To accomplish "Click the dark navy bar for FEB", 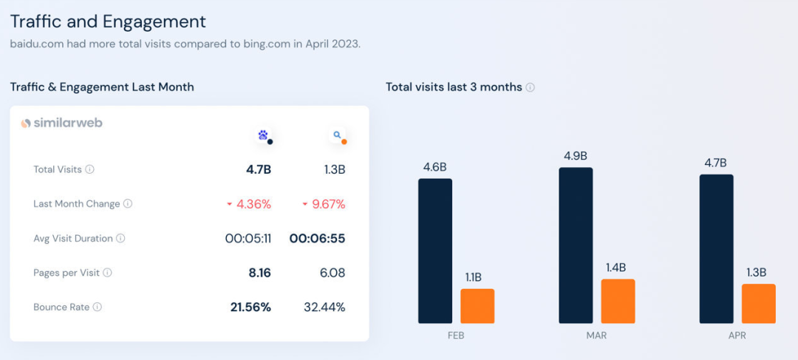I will [435, 251].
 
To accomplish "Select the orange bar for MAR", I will [618, 301].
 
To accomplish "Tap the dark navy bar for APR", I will [716, 248].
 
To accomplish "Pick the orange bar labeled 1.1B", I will [477, 305].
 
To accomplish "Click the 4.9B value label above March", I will [575, 156].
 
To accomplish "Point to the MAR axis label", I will [596, 336].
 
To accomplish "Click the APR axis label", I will [737, 336].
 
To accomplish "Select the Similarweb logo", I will [62, 123].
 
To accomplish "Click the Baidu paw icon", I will [263, 135].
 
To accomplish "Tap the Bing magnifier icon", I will [337, 135].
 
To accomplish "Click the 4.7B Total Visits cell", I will [259, 169].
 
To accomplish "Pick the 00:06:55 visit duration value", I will [317, 238].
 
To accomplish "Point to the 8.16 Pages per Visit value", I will [259, 273].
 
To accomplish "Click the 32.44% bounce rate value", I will [324, 307].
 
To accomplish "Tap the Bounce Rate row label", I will [61, 307].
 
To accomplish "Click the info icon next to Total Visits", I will [89, 169].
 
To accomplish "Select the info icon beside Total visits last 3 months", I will [530, 87].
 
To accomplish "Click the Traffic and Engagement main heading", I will [108, 21].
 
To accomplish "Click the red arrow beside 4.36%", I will [230, 204].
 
